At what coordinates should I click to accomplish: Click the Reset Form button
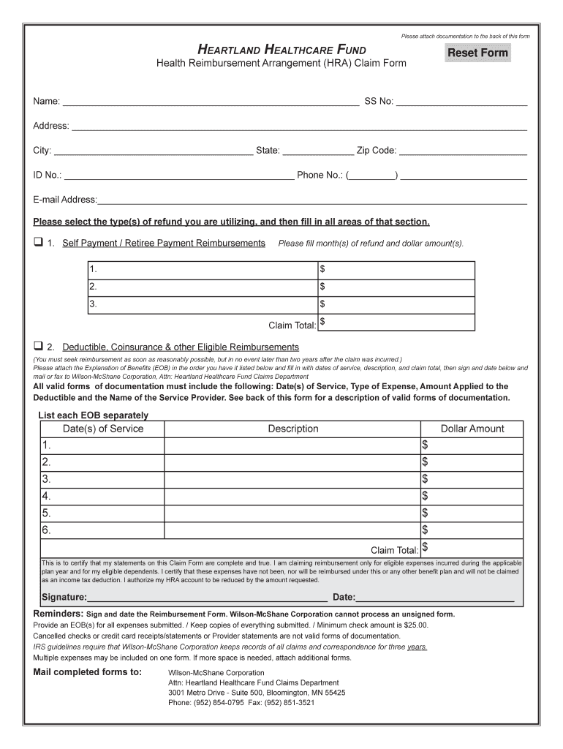click(477, 53)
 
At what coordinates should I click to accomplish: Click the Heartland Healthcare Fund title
click(281, 49)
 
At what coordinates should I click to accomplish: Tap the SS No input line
click(461, 101)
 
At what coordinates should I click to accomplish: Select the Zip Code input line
click(462, 151)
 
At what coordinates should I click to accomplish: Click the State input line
click(317, 151)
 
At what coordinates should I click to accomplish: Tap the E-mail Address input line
click(312, 200)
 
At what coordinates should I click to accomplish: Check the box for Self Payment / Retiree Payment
click(38, 243)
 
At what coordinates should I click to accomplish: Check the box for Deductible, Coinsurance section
click(38, 346)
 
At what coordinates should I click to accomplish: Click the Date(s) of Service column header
click(103, 429)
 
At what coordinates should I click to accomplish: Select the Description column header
click(292, 429)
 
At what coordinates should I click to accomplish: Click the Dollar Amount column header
click(472, 429)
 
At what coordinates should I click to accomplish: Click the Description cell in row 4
click(292, 496)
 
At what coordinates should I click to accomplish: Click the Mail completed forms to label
click(88, 672)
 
